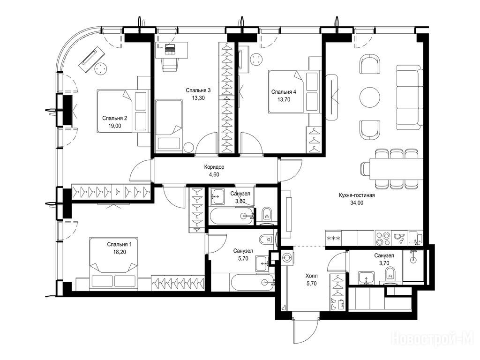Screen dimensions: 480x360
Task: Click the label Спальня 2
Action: point(114,118)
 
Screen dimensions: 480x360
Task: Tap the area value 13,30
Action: point(198,98)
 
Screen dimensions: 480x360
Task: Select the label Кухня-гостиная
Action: point(357,195)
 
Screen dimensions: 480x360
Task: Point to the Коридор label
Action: point(214,167)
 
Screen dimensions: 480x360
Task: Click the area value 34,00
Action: point(357,202)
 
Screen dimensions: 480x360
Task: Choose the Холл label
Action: point(312,276)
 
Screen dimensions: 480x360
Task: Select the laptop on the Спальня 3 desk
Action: point(169,49)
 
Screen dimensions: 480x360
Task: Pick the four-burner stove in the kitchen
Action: point(383,239)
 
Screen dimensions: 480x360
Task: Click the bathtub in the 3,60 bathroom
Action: point(232,216)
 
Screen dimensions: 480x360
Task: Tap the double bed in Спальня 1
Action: point(113,263)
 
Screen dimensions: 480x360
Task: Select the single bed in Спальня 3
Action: point(169,126)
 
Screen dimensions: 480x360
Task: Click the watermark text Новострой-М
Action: point(433,339)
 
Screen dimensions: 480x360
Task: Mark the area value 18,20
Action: point(120,252)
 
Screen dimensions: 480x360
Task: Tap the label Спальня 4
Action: point(284,92)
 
